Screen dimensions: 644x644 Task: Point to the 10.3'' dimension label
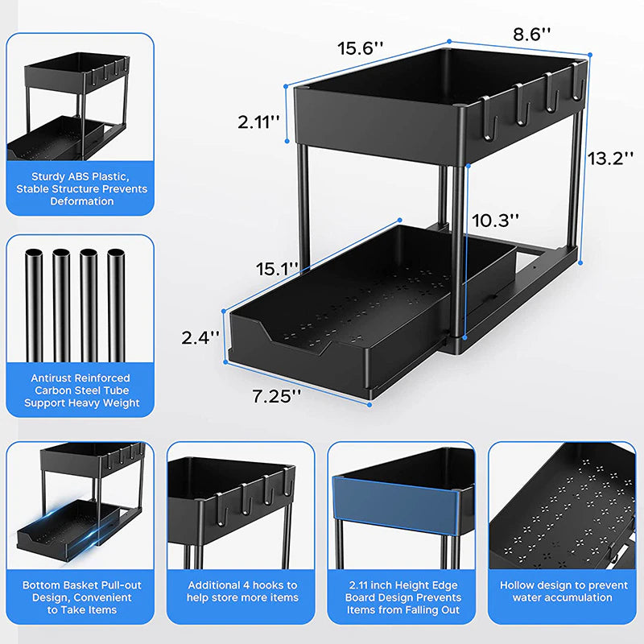tap(496, 219)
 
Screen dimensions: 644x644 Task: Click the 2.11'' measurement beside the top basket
tap(258, 122)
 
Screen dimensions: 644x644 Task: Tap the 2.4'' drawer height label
tap(200, 338)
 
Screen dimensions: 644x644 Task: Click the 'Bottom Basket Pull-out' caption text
tap(81, 585)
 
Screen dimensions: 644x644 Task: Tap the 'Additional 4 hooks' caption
tap(242, 585)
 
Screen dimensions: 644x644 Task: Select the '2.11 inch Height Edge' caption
tap(402, 585)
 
